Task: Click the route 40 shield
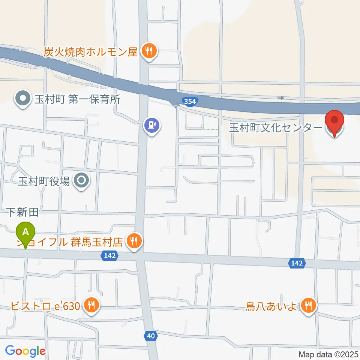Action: point(151,336)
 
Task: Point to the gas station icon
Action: point(152,124)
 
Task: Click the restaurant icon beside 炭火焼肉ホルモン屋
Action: point(149,51)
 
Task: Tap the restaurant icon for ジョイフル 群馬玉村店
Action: point(133,240)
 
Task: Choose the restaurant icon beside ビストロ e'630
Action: point(91,305)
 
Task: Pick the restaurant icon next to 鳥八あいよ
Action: point(308,305)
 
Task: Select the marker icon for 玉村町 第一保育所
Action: point(23,99)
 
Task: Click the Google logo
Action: point(25,351)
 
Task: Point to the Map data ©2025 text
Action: point(328,354)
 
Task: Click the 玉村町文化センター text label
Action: point(276,128)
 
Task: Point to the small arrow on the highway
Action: point(281,98)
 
